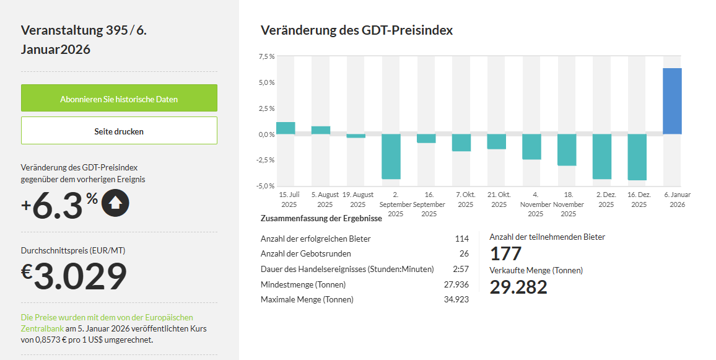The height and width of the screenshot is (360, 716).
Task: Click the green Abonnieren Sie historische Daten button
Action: (119, 99)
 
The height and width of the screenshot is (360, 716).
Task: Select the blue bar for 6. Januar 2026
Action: (672, 101)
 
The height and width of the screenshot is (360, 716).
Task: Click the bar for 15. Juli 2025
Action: (286, 128)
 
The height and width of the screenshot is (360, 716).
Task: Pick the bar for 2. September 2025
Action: (391, 156)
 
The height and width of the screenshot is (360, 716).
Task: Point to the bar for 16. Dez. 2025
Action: (637, 157)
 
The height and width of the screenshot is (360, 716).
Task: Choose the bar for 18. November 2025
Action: (567, 149)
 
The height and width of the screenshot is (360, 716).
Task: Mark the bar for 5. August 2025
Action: (321, 130)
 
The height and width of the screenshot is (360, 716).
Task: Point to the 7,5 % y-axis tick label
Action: (266, 57)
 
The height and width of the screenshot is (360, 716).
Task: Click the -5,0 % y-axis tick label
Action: (266, 186)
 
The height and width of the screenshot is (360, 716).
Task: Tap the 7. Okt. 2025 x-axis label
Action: (465, 200)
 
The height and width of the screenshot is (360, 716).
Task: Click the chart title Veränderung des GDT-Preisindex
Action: (357, 30)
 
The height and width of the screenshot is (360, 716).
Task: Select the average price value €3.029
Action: (74, 276)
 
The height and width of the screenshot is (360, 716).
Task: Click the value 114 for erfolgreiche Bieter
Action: (461, 239)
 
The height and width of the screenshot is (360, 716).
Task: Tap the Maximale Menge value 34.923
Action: (456, 299)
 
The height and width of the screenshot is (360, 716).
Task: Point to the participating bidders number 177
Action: (505, 253)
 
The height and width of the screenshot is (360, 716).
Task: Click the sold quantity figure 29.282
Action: (518, 287)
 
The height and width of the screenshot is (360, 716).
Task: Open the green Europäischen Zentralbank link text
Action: (107, 322)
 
